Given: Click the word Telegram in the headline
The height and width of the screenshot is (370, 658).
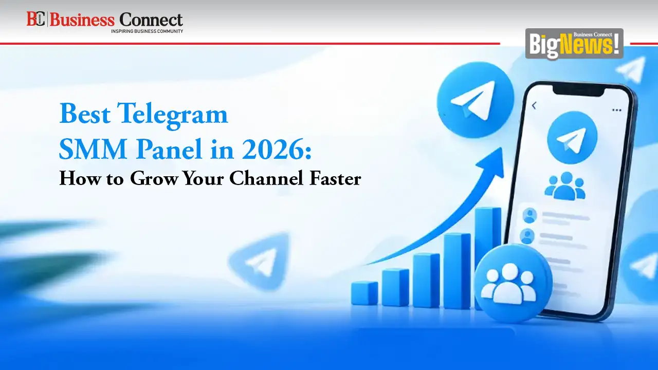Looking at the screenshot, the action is [x=173, y=115].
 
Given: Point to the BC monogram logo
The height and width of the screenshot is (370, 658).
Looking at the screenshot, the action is [x=35, y=19].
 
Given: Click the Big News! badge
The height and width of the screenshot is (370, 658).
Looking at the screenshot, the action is [x=574, y=44].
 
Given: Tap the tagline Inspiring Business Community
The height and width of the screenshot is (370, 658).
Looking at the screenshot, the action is [x=147, y=31].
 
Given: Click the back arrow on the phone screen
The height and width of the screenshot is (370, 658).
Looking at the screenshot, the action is [x=534, y=105].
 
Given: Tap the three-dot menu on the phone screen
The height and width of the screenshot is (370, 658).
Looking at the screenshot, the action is [x=616, y=110].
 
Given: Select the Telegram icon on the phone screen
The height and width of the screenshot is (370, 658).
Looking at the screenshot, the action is [x=572, y=137].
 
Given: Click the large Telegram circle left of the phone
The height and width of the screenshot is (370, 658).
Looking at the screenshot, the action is [x=476, y=100].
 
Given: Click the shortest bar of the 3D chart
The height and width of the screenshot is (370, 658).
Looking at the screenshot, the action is [x=364, y=293].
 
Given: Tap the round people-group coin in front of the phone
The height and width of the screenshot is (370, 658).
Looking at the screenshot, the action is [x=513, y=284].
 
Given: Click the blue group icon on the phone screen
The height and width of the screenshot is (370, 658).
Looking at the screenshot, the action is [x=565, y=186].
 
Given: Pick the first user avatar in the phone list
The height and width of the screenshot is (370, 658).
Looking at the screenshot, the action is [x=529, y=215].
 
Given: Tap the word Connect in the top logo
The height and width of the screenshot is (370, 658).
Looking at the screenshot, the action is [x=151, y=20].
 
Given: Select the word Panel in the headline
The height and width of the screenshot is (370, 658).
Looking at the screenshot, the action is [x=169, y=149].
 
